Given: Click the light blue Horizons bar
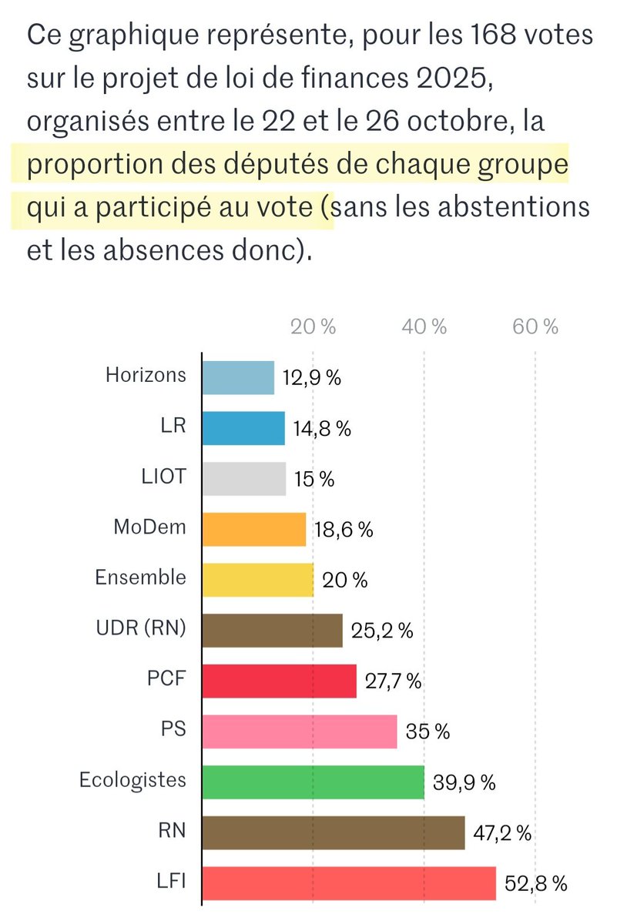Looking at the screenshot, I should (x=238, y=377).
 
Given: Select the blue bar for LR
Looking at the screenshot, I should (x=243, y=427).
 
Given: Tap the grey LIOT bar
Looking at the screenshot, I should (x=244, y=477).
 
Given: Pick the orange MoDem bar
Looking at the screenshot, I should (x=254, y=528).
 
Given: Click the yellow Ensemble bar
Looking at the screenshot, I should (x=258, y=579).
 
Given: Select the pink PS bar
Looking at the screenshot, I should (x=300, y=731).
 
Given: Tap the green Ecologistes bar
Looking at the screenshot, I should (x=313, y=782).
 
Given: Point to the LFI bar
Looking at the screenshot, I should (x=349, y=882).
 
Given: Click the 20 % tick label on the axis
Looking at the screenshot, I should (x=313, y=326).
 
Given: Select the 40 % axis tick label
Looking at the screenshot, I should (x=424, y=326).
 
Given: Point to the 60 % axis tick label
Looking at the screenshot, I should (x=535, y=326).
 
